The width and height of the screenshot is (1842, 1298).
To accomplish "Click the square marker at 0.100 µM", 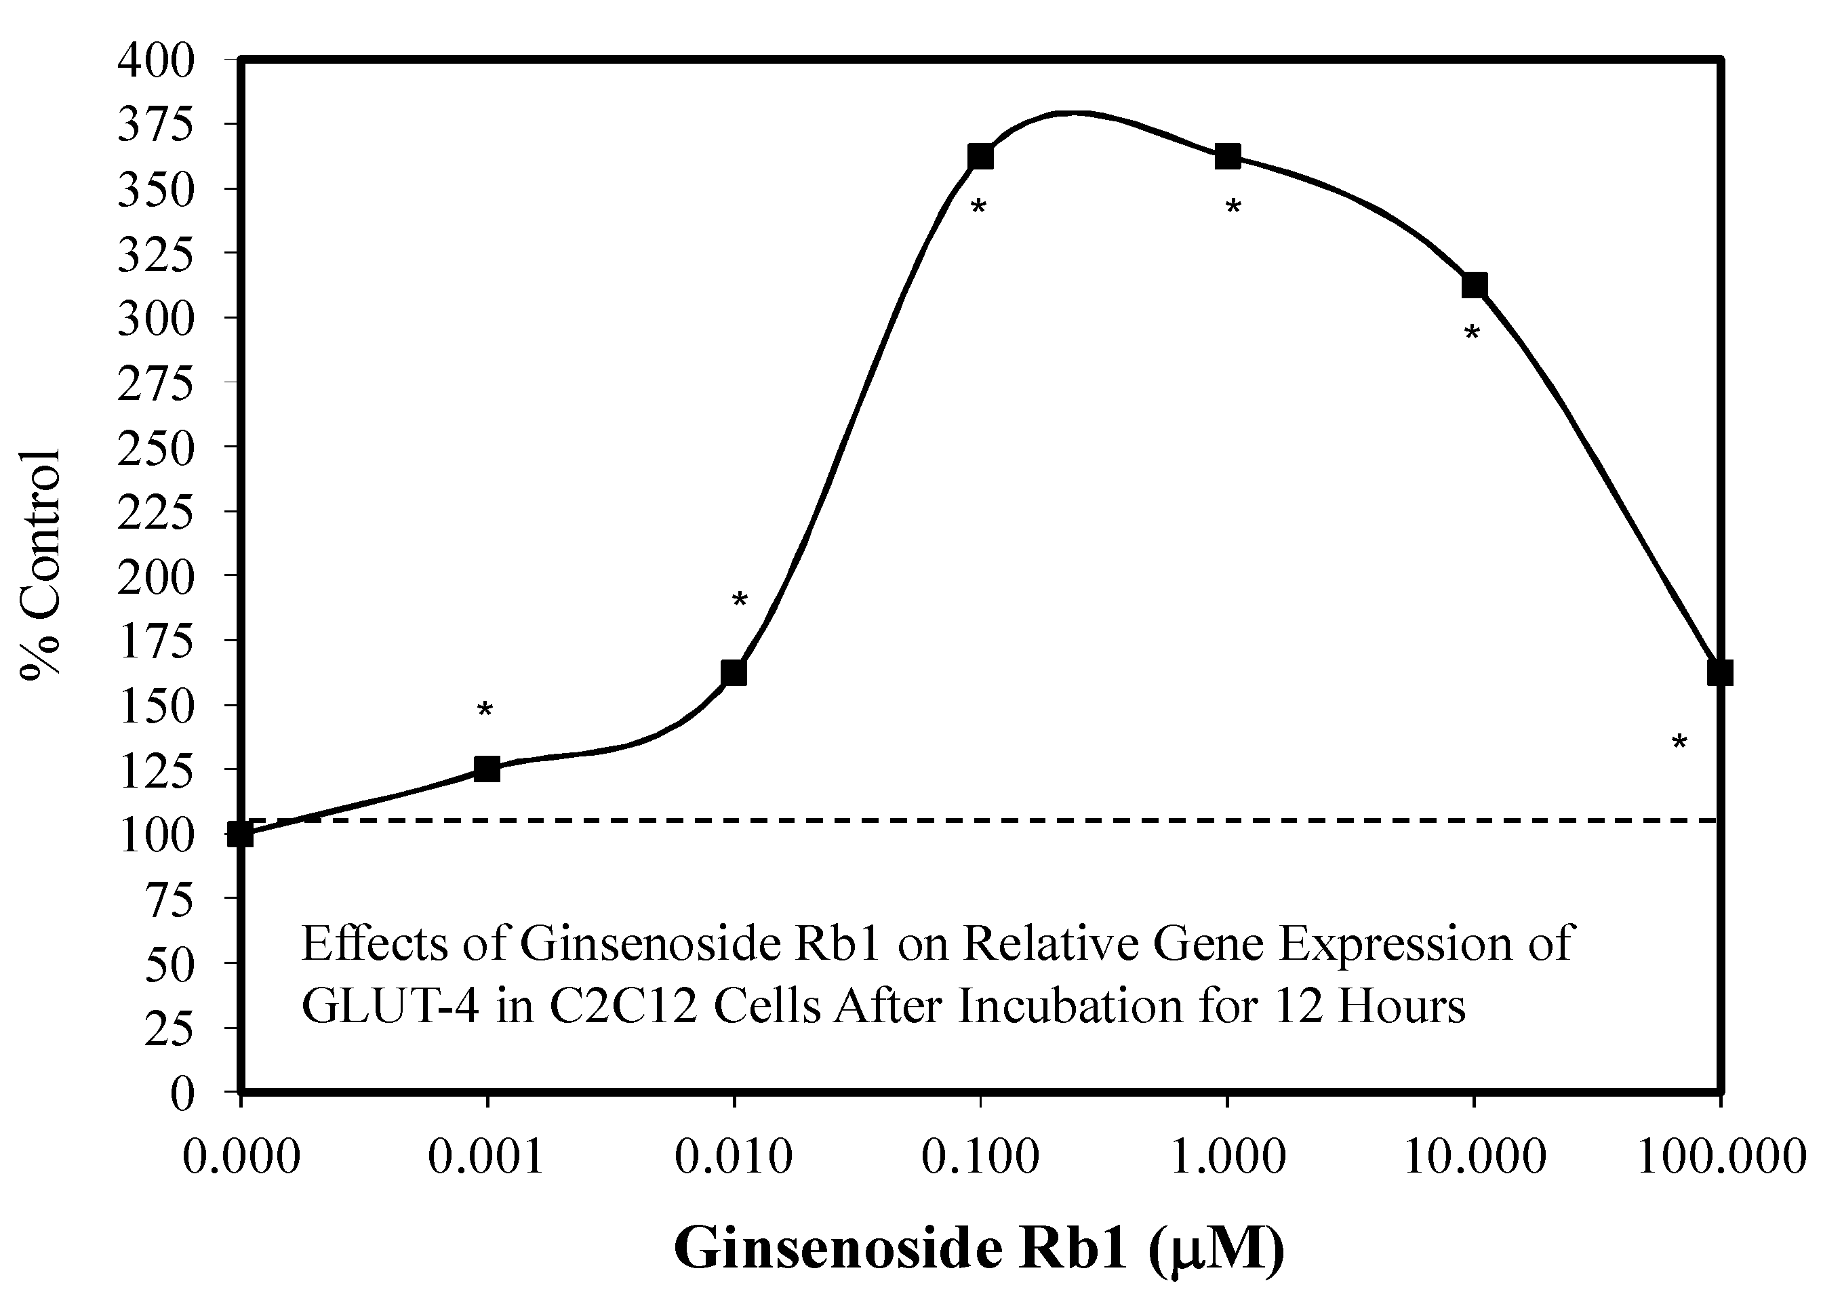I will tap(980, 157).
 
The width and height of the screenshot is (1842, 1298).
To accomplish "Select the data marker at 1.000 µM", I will tap(1228, 157).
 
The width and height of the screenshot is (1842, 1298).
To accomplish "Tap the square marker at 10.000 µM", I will tap(1475, 285).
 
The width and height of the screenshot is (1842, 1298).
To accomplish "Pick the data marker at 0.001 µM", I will tap(487, 769).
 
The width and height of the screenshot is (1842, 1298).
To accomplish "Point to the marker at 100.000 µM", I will tap(1719, 672).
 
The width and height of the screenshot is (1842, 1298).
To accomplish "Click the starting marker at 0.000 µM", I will tap(241, 834).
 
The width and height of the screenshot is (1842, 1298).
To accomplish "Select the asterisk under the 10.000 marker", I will tap(1471, 333).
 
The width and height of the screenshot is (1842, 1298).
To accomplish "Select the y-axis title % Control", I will tap(40, 565).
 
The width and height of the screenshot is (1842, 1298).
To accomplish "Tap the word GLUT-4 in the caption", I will tap(391, 1007).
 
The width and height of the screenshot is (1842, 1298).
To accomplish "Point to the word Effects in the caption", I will tap(376, 944).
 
